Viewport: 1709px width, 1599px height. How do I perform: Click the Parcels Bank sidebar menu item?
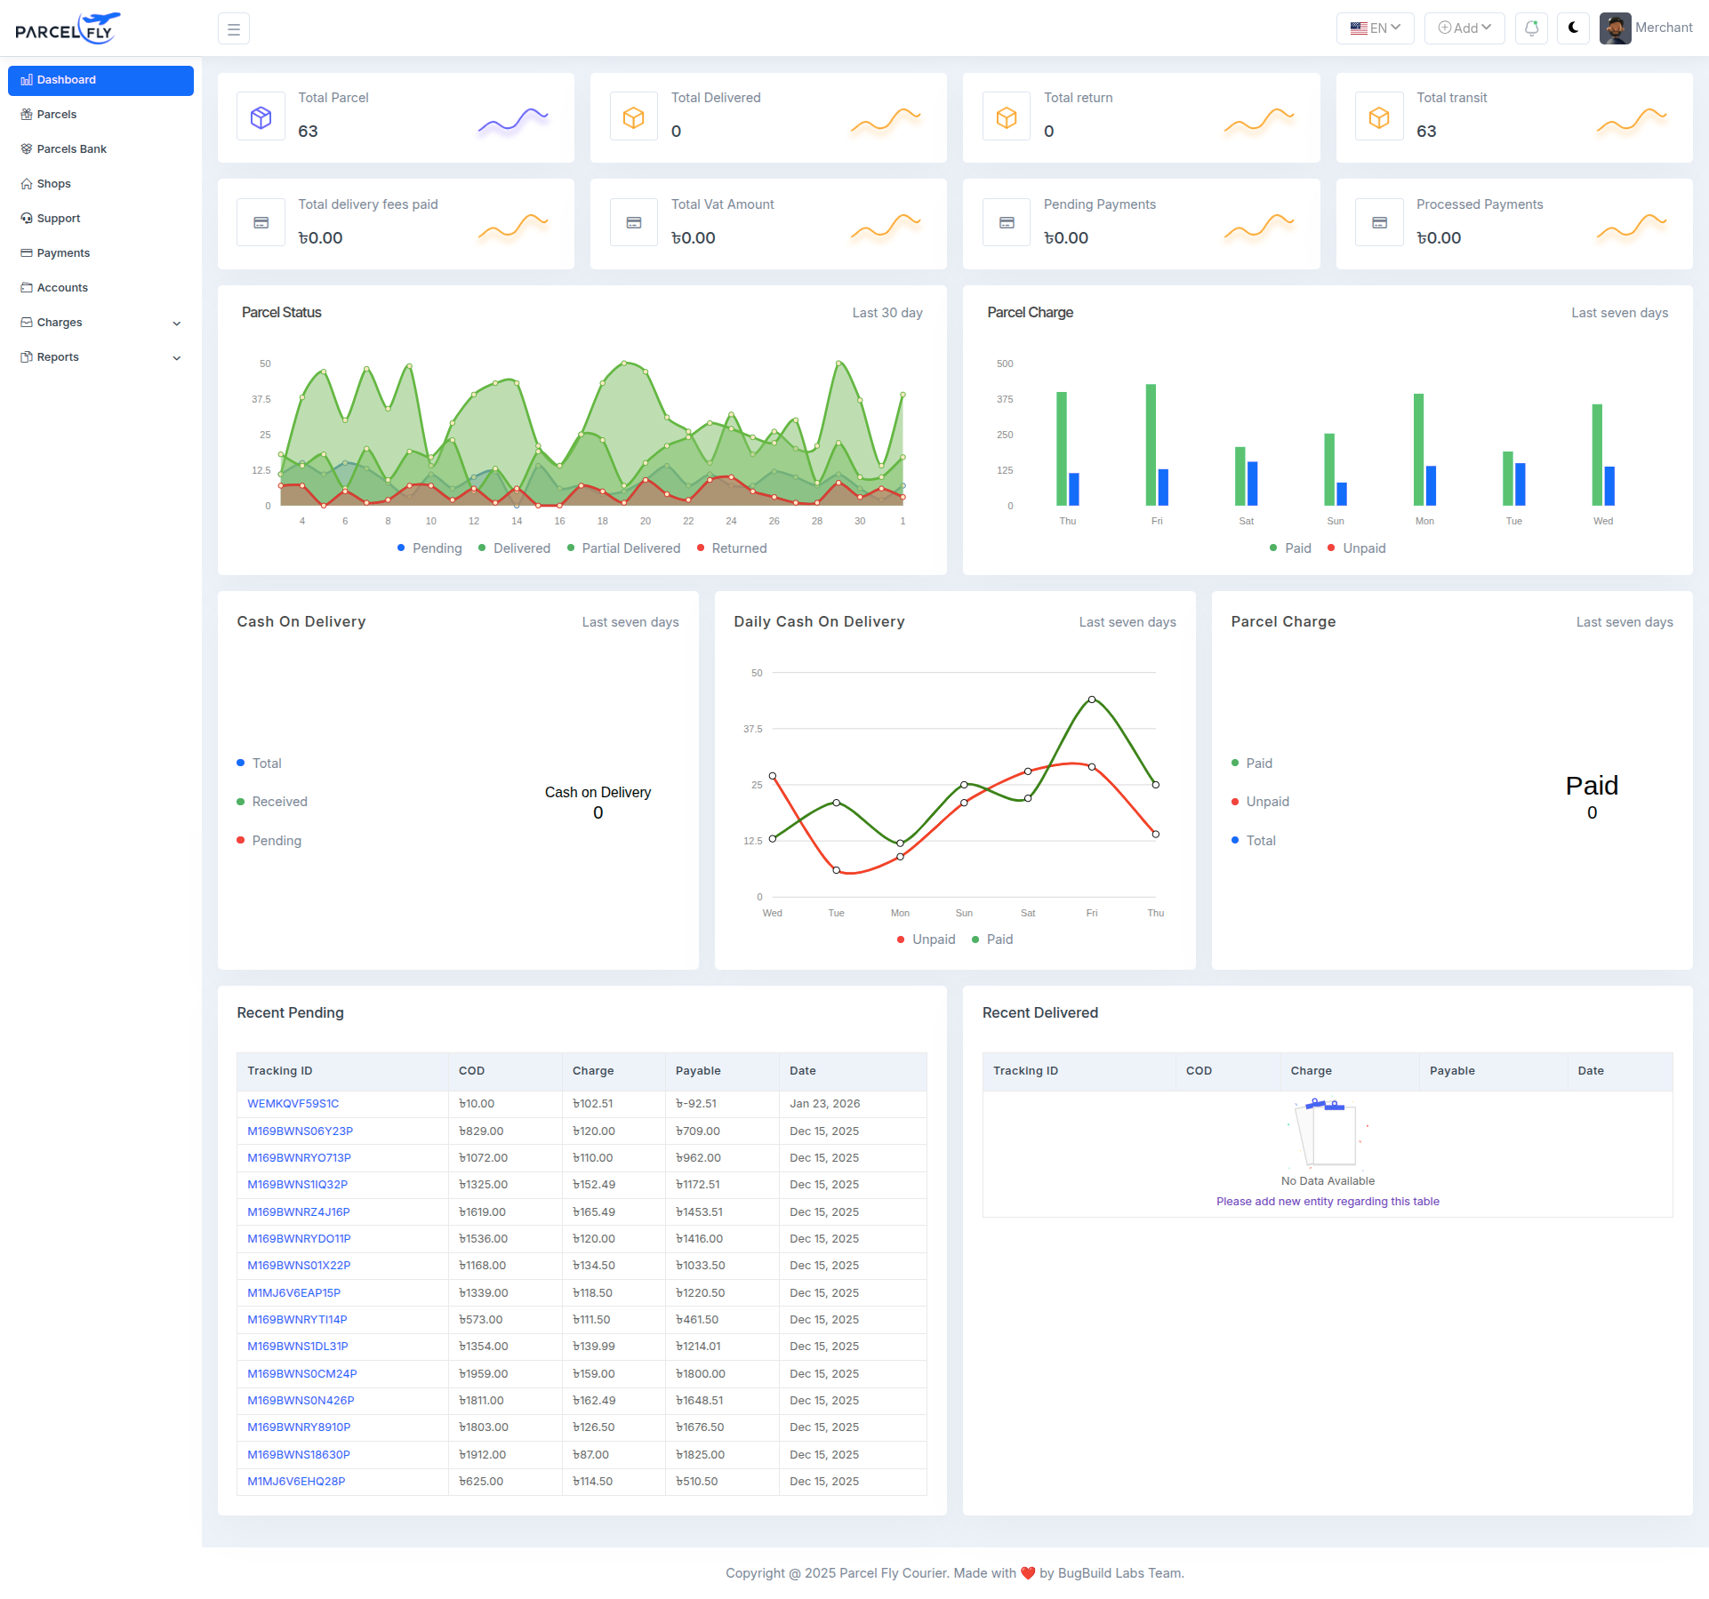(71, 149)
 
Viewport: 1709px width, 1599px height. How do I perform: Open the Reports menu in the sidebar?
(58, 357)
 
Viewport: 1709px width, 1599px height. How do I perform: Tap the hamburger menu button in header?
(234, 29)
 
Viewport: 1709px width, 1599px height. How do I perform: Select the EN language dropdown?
(1375, 28)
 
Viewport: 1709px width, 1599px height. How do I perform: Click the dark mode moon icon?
(1573, 28)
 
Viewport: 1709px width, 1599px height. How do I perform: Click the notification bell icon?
(1531, 28)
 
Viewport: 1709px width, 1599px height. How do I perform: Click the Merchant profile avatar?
(1615, 28)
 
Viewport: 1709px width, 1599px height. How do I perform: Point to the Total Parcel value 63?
(308, 132)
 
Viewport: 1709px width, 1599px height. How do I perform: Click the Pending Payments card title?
(1099, 204)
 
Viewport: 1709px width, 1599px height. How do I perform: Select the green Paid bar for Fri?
(1151, 444)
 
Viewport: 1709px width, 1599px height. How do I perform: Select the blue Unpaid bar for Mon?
(1431, 485)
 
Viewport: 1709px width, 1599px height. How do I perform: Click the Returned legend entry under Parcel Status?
(738, 548)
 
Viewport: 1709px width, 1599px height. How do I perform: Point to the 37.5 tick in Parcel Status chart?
(261, 399)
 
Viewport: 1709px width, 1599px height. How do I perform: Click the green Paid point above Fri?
(1092, 700)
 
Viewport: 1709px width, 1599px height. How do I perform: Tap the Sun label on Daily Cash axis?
(964, 913)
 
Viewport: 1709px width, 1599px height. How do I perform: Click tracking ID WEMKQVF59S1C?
(293, 1104)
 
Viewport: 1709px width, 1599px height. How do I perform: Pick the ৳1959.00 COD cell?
(483, 1373)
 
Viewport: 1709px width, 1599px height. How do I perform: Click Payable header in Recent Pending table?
(698, 1071)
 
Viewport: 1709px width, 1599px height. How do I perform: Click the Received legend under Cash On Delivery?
(279, 802)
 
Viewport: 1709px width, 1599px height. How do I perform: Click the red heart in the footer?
(1028, 1573)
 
